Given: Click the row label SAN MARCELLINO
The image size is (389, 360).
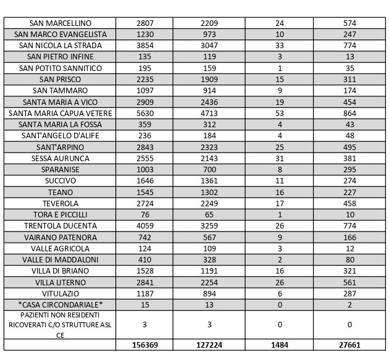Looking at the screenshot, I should tap(60, 23).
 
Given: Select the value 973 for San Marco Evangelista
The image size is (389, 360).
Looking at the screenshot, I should tap(209, 35).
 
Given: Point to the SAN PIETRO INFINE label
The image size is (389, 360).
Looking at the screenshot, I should tap(60, 57).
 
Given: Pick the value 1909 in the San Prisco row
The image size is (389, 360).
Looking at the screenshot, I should tap(209, 80).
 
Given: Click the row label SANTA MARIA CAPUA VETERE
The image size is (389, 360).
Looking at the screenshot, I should tap(60, 114).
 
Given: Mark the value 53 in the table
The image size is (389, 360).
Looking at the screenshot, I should tap(279, 114).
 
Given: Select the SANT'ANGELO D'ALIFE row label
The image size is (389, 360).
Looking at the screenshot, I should tap(60, 136).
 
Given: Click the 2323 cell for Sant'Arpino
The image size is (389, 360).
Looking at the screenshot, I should tap(209, 148).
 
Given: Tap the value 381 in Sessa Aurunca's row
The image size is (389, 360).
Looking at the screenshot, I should tap(349, 159).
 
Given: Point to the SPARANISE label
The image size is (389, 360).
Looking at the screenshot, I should tap(60, 170).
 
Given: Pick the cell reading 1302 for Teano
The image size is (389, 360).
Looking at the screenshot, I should tap(209, 193).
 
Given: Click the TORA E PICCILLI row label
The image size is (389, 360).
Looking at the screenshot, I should tap(60, 215).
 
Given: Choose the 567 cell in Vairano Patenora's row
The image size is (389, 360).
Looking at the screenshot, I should tap(209, 237).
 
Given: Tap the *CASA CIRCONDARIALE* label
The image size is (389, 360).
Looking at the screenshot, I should tap(60, 305).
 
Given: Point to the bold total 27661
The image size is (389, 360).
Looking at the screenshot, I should tap(349, 345).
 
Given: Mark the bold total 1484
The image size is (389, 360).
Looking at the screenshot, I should tap(279, 345).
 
